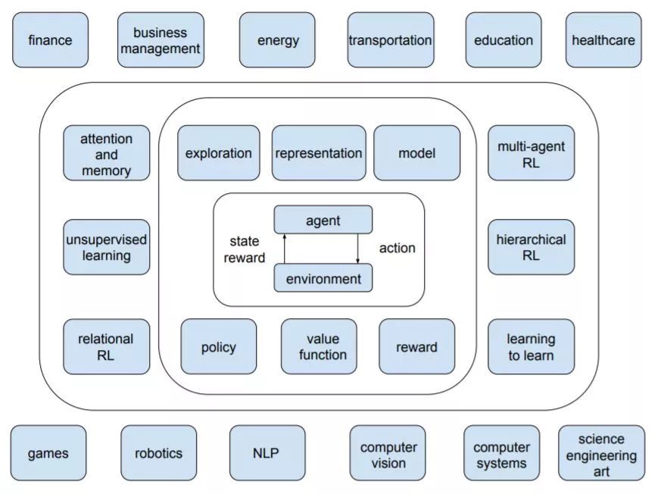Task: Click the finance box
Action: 50,40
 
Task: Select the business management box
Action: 161,40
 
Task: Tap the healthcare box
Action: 603,40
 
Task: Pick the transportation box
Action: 390,40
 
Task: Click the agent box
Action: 323,220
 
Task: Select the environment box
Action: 323,278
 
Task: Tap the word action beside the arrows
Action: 397,248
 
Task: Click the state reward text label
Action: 244,249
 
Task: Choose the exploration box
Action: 218,153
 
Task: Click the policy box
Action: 218,347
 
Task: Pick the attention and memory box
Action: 106,154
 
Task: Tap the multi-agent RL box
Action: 531,154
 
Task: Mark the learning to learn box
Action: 531,347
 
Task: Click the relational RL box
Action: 106,347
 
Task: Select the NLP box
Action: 267,453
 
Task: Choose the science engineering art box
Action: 601,453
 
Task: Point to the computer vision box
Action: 388,454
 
